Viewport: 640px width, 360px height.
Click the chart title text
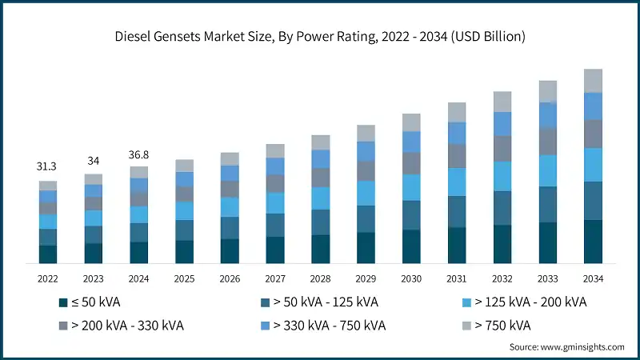click(319, 36)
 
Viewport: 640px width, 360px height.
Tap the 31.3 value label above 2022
click(48, 166)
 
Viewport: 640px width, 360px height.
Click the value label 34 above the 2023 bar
click(94, 160)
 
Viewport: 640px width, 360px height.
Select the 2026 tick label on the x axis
click(230, 278)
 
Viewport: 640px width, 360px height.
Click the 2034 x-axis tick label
click(593, 278)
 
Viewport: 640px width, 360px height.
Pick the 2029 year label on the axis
click(366, 278)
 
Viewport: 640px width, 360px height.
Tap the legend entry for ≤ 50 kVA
click(88, 302)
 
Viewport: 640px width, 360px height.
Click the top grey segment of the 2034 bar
click(593, 81)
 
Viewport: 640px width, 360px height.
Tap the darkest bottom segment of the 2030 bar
click(411, 246)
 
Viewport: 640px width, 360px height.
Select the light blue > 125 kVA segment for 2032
click(502, 176)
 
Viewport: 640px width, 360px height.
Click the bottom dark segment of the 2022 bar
click(48, 254)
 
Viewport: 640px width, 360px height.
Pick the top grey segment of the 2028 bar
click(320, 142)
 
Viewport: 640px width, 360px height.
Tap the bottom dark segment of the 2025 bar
click(184, 252)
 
